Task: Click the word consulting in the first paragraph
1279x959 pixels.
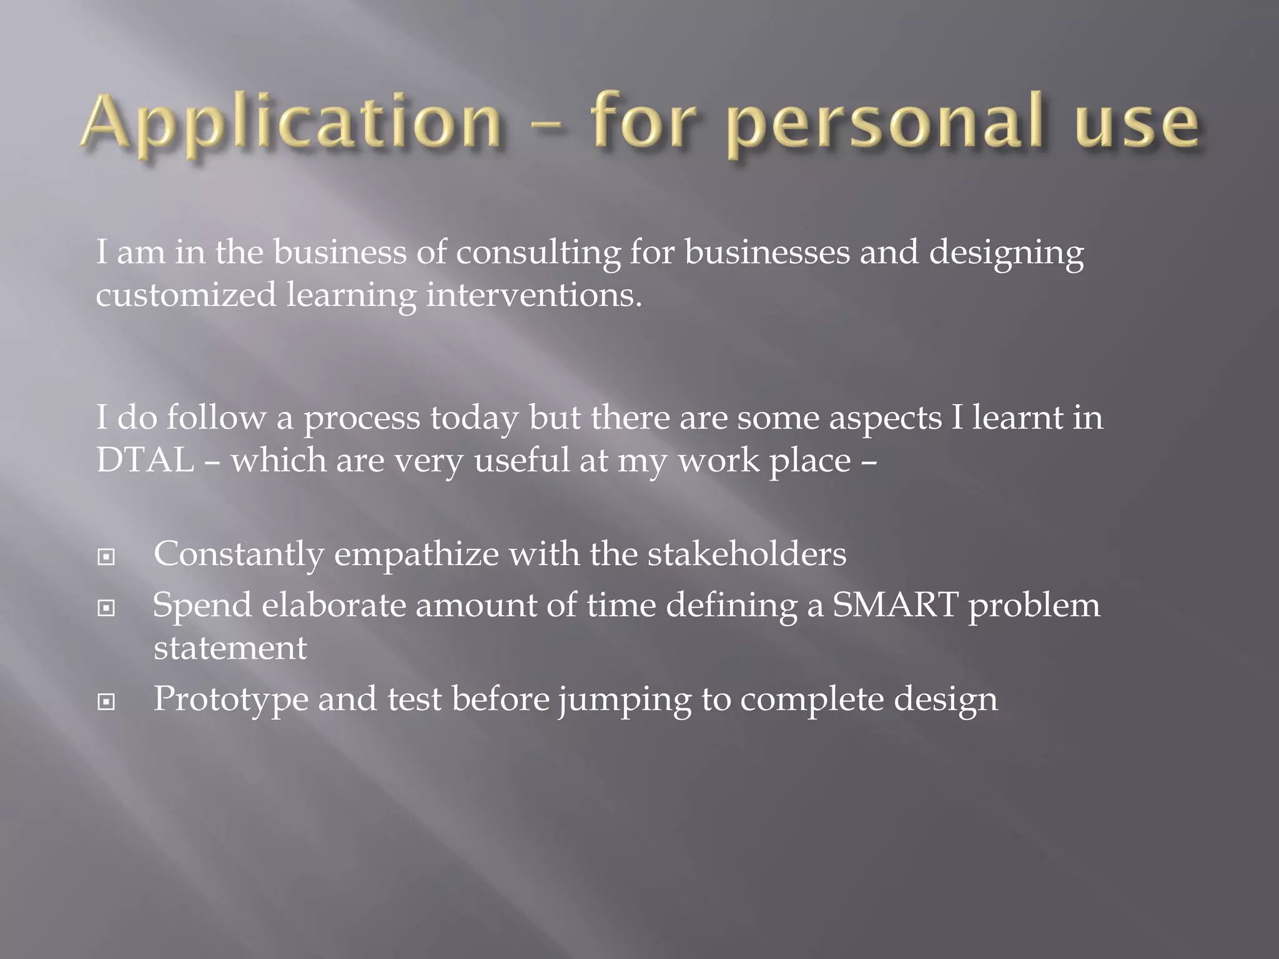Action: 538,253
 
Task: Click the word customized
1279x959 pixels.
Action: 185,295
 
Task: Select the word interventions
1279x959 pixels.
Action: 533,295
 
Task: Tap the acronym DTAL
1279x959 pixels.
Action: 145,461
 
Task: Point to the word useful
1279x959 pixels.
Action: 521,461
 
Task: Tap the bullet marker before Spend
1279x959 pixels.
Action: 107,607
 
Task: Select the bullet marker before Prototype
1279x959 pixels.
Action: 107,702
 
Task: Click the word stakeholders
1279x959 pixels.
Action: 746,554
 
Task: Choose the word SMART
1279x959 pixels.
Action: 895,605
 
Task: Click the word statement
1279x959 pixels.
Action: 230,648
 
